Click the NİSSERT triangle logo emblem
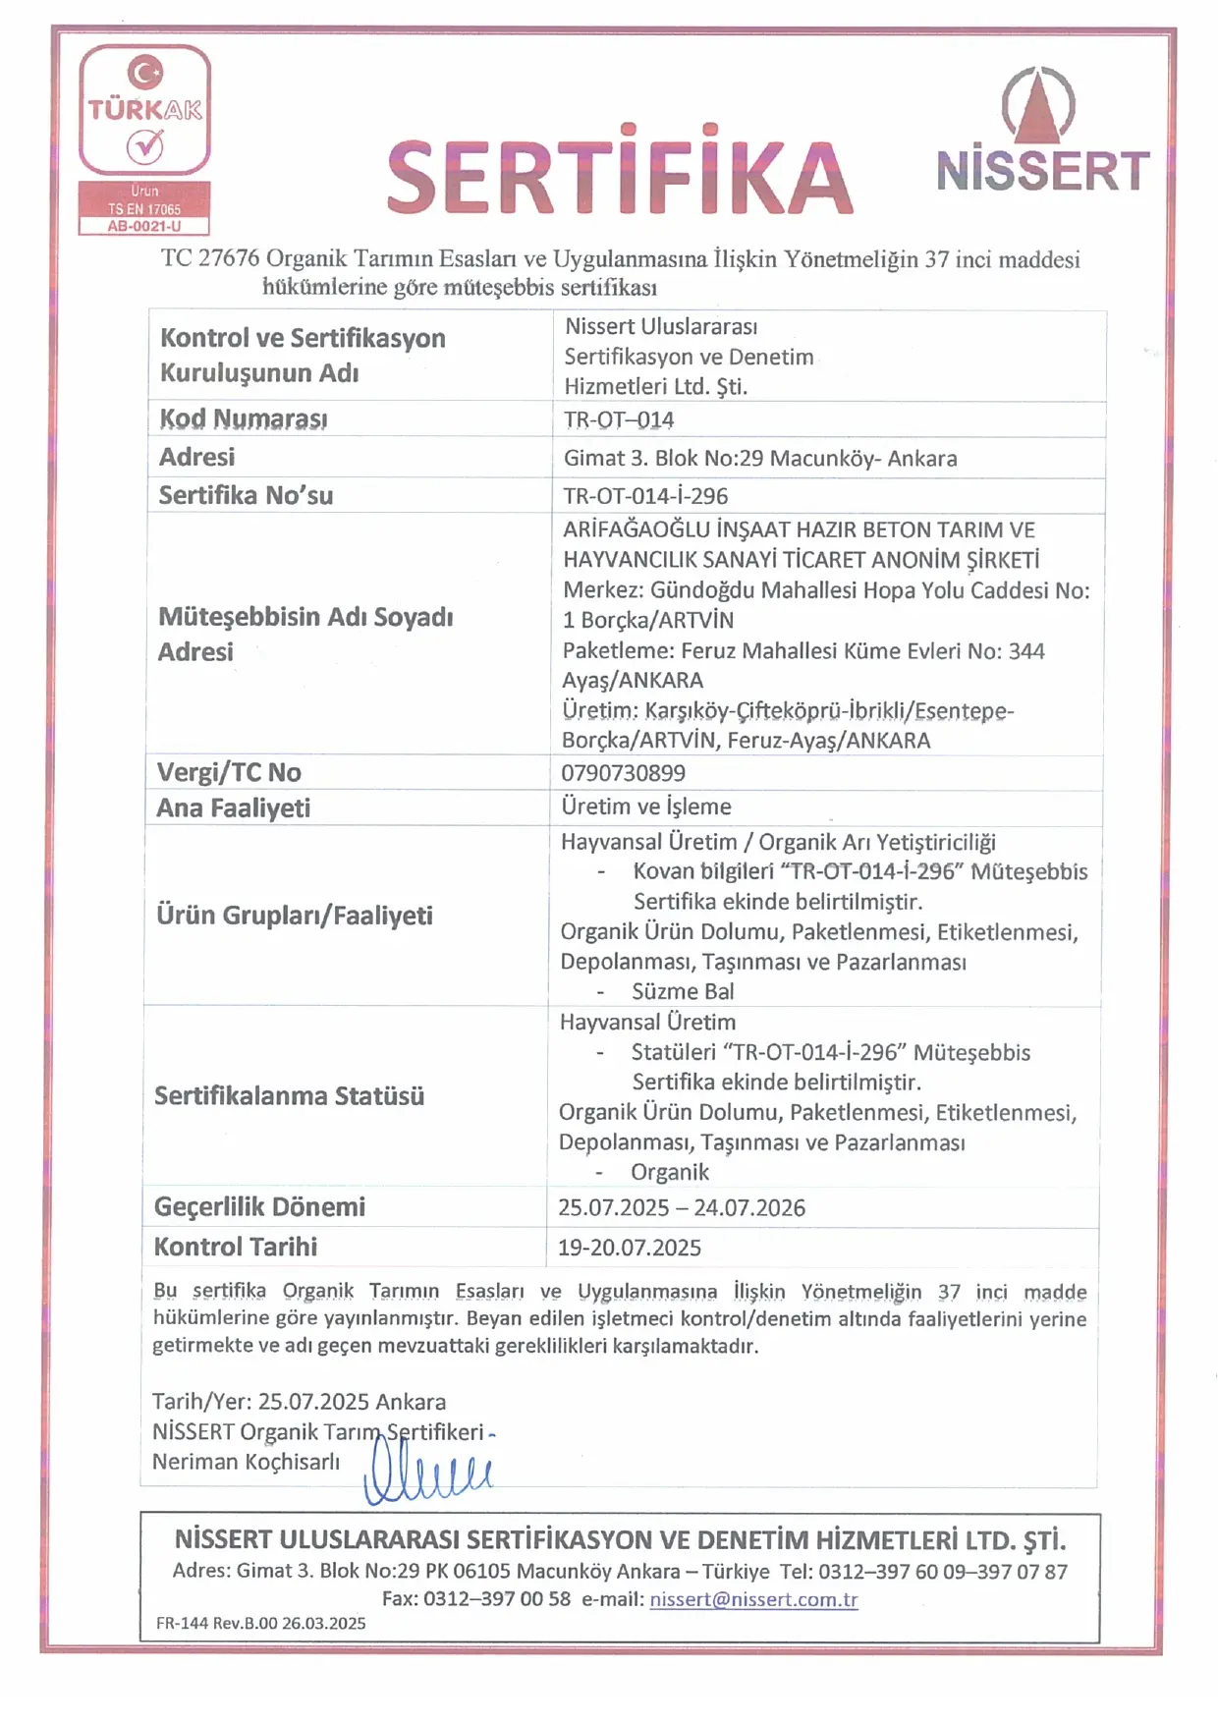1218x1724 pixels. click(x=1038, y=105)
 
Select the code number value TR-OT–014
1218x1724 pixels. click(x=619, y=419)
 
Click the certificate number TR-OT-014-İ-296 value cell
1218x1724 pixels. click(x=645, y=496)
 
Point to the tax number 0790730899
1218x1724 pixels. click(x=623, y=773)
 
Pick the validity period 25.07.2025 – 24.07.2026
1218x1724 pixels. click(x=682, y=1207)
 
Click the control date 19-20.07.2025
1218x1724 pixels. click(x=630, y=1248)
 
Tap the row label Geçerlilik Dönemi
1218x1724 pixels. click(x=259, y=1207)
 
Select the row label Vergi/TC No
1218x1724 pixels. click(x=229, y=773)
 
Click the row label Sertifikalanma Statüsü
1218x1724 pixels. click(x=289, y=1096)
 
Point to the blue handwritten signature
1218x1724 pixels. click(x=427, y=1473)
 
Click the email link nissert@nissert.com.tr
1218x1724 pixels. click(x=753, y=1599)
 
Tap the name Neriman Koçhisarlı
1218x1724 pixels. click(x=246, y=1462)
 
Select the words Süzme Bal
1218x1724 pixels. click(x=683, y=991)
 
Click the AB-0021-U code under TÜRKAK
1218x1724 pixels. click(x=144, y=226)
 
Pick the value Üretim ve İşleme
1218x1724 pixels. click(x=646, y=806)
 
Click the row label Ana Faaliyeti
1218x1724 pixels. click(x=234, y=808)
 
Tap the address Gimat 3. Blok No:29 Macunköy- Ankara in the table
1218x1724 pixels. click(x=760, y=458)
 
